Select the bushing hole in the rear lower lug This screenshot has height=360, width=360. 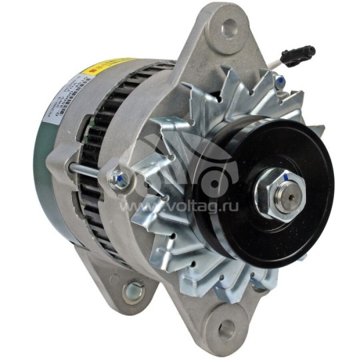pyautogui.click(x=133, y=291)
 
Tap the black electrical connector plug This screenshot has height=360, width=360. pyautogui.click(x=297, y=54)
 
